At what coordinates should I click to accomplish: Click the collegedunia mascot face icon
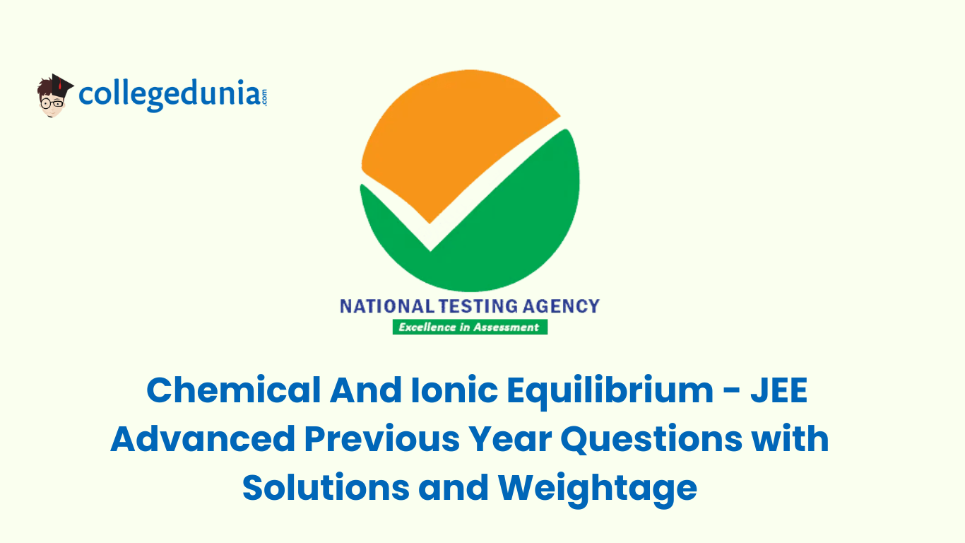[x=54, y=100]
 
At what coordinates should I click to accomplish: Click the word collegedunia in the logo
[x=168, y=95]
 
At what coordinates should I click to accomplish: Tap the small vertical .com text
[x=264, y=97]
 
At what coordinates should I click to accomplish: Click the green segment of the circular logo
[x=495, y=226]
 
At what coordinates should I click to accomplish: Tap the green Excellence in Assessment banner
[x=470, y=327]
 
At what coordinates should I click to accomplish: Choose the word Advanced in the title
[x=202, y=439]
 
